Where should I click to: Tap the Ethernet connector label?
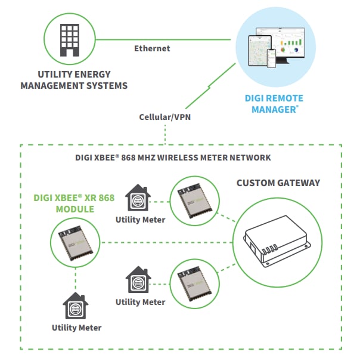152,48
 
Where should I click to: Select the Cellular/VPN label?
164,118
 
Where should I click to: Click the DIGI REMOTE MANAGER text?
274,104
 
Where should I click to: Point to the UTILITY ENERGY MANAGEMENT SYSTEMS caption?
74,80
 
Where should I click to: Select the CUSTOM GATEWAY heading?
278,183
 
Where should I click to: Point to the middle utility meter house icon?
138,280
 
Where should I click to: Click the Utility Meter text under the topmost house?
140,220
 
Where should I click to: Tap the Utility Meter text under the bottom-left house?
76,328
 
